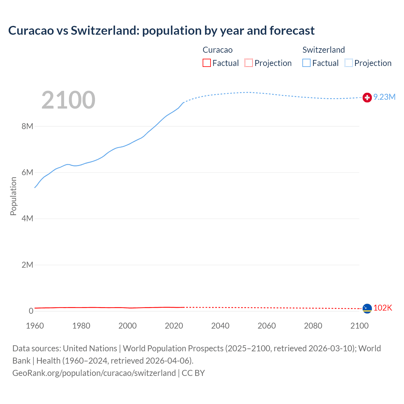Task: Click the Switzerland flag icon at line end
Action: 367,98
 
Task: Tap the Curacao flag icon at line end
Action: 367,308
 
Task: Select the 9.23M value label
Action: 384,97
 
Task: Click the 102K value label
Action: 383,308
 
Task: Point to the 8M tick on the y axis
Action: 27,127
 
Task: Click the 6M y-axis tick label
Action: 27,173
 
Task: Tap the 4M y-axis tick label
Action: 27,219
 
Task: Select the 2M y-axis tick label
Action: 27,265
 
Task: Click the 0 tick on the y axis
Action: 31,311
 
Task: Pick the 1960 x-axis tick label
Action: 35,326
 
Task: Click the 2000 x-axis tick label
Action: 128,326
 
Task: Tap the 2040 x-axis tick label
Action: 220,326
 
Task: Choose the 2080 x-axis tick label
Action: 313,326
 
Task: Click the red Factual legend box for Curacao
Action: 207,63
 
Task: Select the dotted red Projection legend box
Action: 249,63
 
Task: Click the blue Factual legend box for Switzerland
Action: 306,63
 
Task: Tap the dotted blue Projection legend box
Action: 349,63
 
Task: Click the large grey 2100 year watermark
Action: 68,100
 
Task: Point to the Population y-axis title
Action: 13,196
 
